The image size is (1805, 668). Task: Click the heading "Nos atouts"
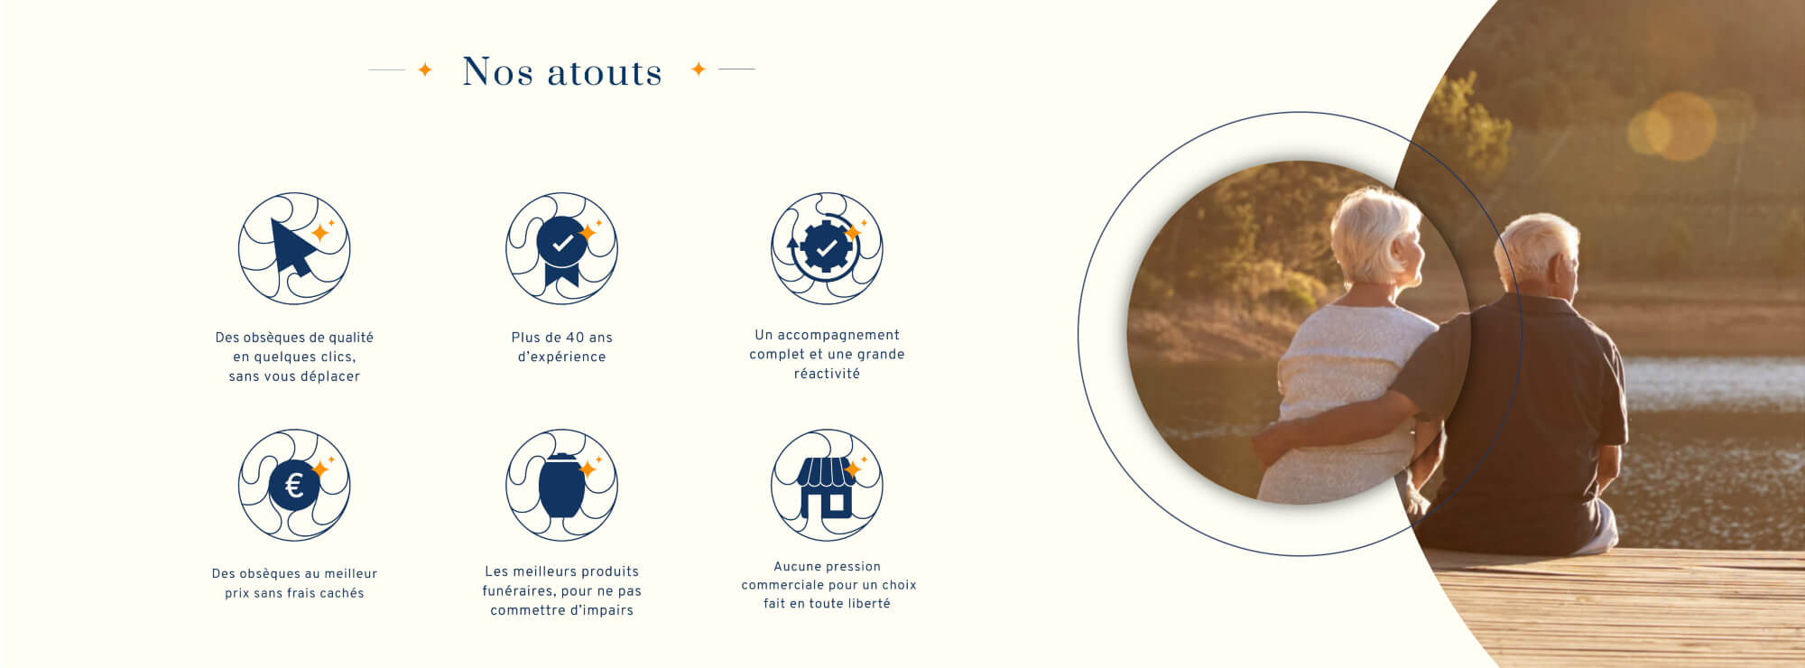pyautogui.click(x=562, y=71)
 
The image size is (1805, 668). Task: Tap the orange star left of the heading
pyautogui.click(x=425, y=70)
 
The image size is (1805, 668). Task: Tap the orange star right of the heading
pyautogui.click(x=698, y=69)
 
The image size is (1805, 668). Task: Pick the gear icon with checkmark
pyautogui.click(x=826, y=246)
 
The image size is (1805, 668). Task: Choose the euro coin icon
pyautogui.click(x=293, y=486)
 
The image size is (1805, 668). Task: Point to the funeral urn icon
pyautogui.click(x=561, y=485)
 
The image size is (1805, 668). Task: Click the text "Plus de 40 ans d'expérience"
pyautogui.click(x=561, y=347)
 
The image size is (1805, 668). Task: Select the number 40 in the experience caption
pyautogui.click(x=576, y=338)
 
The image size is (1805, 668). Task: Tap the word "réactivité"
pyautogui.click(x=827, y=374)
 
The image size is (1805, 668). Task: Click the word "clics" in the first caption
pyautogui.click(x=336, y=357)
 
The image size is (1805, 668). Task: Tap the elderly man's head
pyautogui.click(x=1536, y=254)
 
